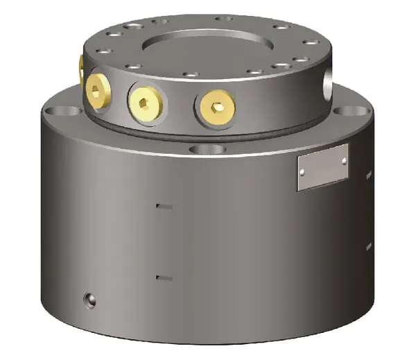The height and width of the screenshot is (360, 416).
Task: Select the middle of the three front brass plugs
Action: pyautogui.click(x=146, y=103)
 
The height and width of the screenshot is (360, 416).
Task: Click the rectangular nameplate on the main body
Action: pyautogui.click(x=322, y=166)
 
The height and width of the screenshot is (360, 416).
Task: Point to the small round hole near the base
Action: pyautogui.click(x=89, y=299)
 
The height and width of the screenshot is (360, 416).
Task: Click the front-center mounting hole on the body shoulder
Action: pyautogui.click(x=206, y=148)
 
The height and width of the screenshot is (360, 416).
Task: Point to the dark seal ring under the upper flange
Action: pyautogui.click(x=208, y=131)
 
